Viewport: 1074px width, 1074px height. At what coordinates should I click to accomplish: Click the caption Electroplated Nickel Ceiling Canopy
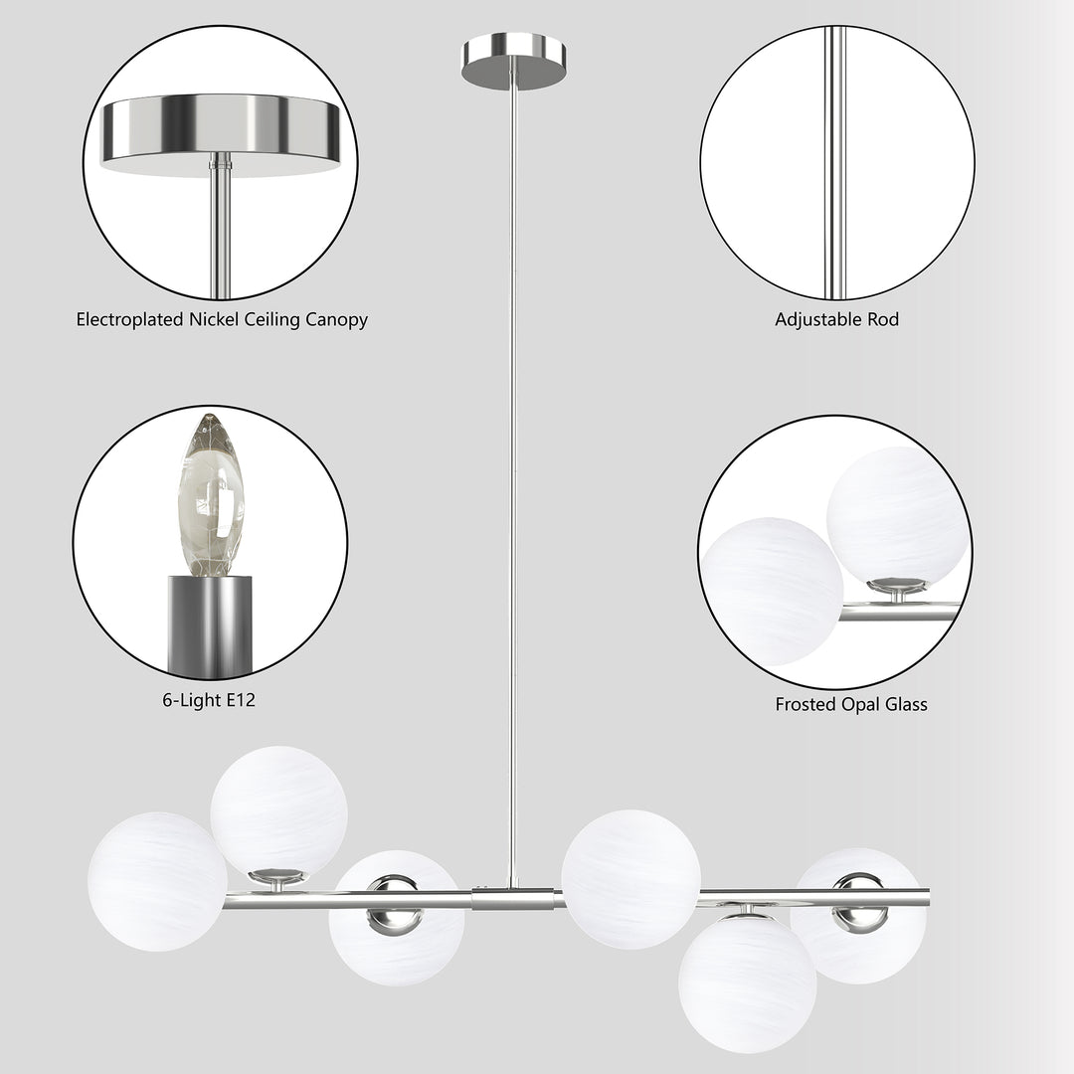coord(222,320)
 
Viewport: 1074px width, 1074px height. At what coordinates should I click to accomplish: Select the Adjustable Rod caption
coord(836,320)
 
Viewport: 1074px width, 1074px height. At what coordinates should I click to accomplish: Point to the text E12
coord(240,700)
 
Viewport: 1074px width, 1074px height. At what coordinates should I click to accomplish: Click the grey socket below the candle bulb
coord(211,625)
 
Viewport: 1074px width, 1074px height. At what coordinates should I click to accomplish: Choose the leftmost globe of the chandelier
coord(157,881)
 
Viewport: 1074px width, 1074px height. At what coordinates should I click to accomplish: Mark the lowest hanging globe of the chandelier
coord(747,984)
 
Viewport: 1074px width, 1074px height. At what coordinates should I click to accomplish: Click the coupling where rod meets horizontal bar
coord(513,899)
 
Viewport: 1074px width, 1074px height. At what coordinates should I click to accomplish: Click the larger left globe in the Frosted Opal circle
coord(774,591)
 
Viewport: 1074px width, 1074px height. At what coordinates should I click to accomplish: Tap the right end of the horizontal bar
coord(925,897)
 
